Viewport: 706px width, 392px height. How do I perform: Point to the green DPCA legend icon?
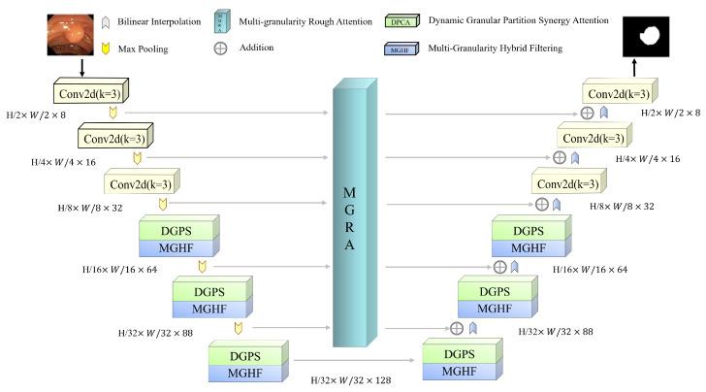tap(401, 19)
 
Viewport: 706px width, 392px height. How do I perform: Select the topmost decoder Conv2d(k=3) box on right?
tap(619, 92)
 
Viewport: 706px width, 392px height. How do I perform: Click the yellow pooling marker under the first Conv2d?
tap(112, 113)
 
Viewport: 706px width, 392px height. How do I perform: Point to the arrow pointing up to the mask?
tap(634, 67)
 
